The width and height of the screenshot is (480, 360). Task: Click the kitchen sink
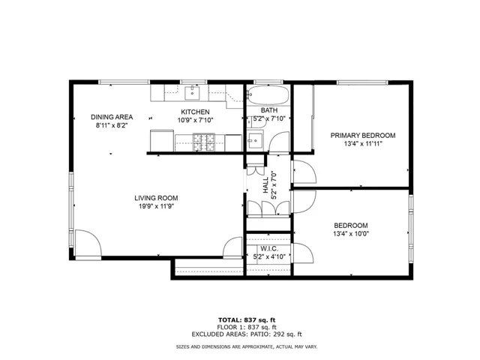(192, 93)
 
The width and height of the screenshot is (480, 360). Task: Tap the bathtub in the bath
(268, 95)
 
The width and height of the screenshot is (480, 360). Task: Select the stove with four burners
(203, 142)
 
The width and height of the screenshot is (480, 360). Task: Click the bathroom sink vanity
(255, 140)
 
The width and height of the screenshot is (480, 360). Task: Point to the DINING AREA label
(112, 117)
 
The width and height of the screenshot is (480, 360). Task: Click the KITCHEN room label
(195, 112)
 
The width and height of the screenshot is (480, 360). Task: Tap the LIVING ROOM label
(156, 198)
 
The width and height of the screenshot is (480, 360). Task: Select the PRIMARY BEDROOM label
(363, 135)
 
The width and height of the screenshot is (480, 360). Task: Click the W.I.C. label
(269, 248)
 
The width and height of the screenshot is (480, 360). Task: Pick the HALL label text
(265, 185)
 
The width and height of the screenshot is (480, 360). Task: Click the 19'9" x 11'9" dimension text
(157, 206)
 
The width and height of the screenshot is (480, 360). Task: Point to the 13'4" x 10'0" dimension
(351, 234)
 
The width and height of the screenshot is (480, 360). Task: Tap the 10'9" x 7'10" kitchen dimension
(195, 120)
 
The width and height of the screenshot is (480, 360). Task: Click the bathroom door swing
(279, 142)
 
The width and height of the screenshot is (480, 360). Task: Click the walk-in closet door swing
(303, 253)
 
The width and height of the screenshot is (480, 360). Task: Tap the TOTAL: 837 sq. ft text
(247, 320)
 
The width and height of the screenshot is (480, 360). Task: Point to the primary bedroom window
(362, 82)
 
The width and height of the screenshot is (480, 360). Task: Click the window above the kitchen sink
(193, 82)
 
